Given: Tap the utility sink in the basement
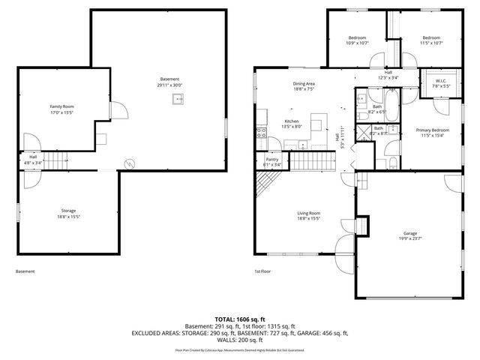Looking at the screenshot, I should pyautogui.click(x=178, y=98).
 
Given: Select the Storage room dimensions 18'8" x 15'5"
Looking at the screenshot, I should pyautogui.click(x=69, y=217).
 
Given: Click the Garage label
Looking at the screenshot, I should pyautogui.click(x=409, y=234).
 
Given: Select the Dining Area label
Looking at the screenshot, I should pyautogui.click(x=304, y=84).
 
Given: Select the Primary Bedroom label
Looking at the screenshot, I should pyautogui.click(x=433, y=130).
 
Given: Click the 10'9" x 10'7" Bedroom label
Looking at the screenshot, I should pyautogui.click(x=357, y=37).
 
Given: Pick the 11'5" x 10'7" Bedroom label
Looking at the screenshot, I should pyautogui.click(x=430, y=37).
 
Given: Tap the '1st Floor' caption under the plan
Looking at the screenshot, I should pyautogui.click(x=262, y=271).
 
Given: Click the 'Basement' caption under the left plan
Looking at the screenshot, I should pyautogui.click(x=25, y=271).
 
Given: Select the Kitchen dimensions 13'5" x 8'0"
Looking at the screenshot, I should pyautogui.click(x=292, y=127).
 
